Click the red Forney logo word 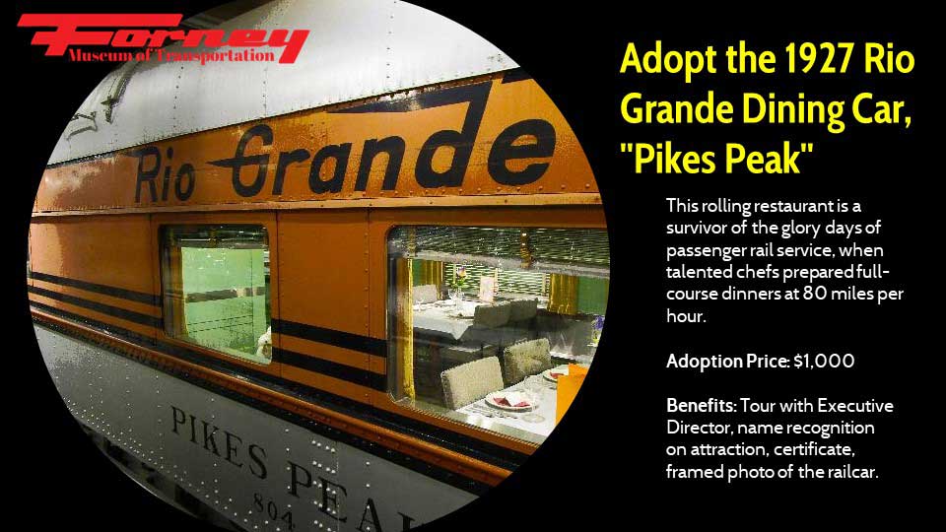point(163,36)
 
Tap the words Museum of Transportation point(171,56)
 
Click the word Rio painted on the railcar point(164,176)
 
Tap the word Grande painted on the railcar point(386,151)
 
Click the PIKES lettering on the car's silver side point(219,441)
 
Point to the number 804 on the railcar point(274,511)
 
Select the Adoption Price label point(727,362)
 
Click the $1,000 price point(824,362)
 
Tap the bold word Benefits point(701,405)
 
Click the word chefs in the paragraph point(758,272)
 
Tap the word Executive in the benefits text point(855,406)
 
